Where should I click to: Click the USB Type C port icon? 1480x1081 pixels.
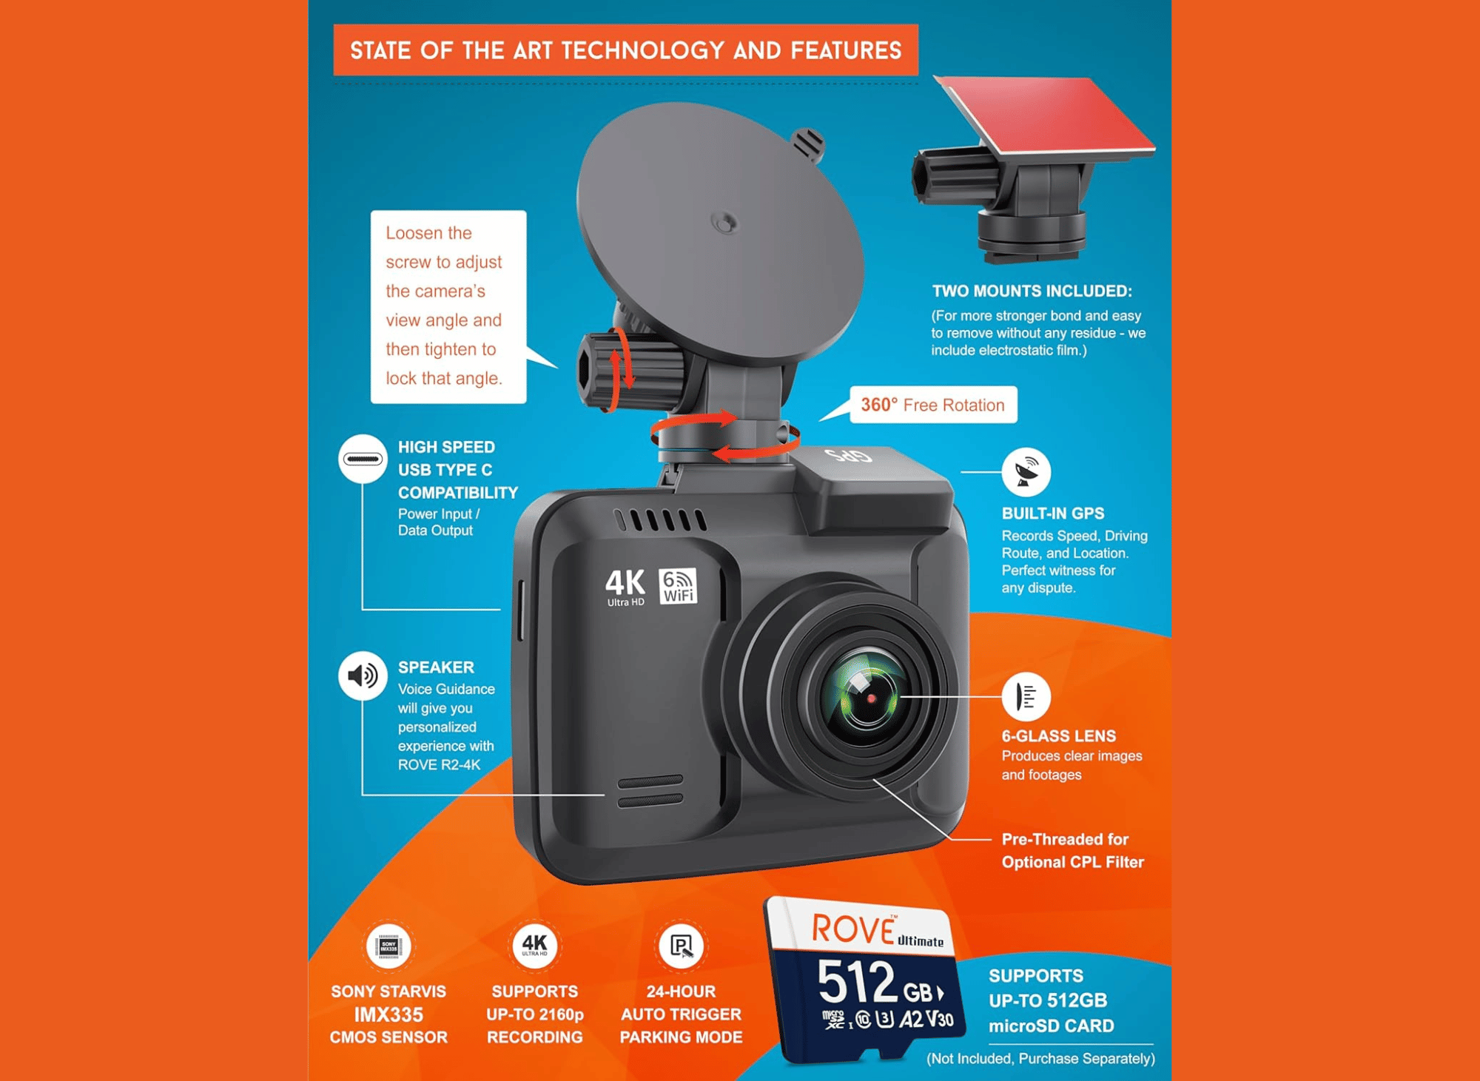pyautogui.click(x=363, y=459)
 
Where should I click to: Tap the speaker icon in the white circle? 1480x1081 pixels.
pyautogui.click(x=363, y=676)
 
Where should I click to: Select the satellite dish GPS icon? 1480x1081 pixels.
pyautogui.click(x=1026, y=472)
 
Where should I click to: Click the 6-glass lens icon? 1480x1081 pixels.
pyautogui.click(x=1026, y=696)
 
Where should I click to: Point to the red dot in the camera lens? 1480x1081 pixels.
pyautogui.click(x=872, y=698)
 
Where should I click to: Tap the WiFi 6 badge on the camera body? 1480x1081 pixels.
pyautogui.click(x=678, y=586)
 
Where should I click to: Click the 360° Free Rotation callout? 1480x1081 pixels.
pyautogui.click(x=933, y=405)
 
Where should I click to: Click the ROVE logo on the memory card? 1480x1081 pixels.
pyautogui.click(x=854, y=929)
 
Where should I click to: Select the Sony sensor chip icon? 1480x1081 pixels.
pyautogui.click(x=388, y=946)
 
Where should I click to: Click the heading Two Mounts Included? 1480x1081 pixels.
pyautogui.click(x=1032, y=292)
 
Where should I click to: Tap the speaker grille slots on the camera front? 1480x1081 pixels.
pyautogui.click(x=650, y=791)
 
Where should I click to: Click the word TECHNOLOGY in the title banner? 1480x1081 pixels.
pyautogui.click(x=643, y=50)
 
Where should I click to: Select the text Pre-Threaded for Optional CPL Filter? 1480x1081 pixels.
pyautogui.click(x=1073, y=851)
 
